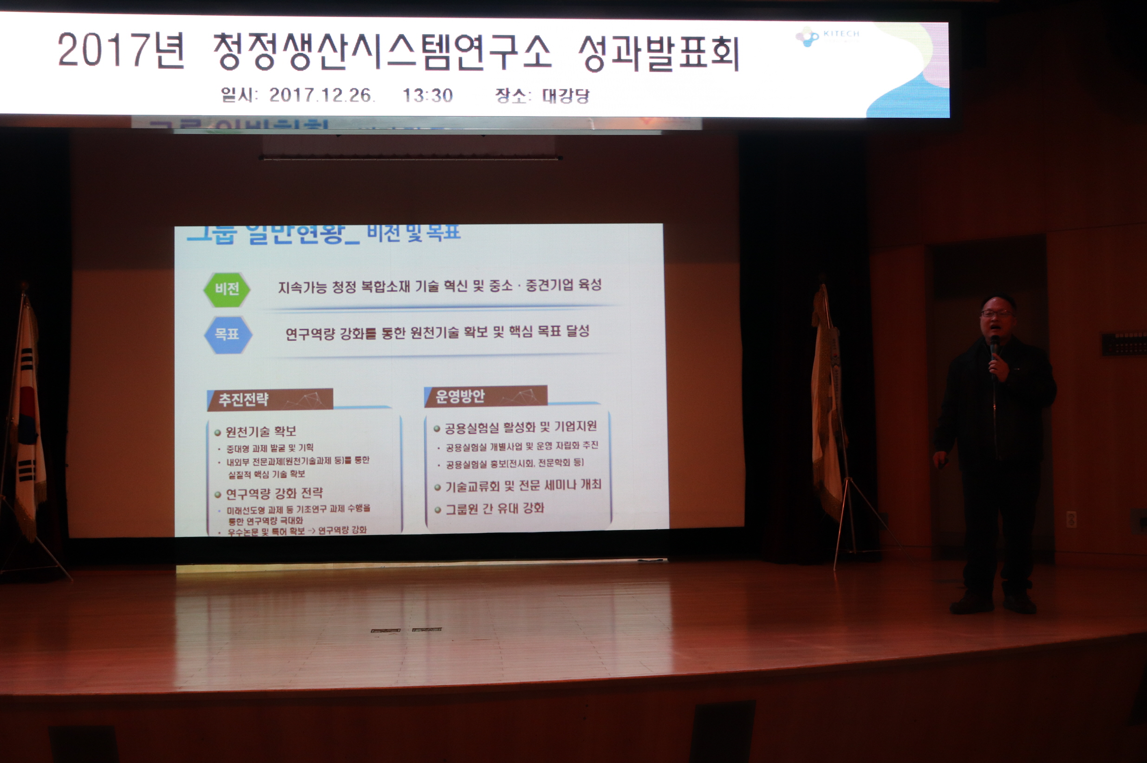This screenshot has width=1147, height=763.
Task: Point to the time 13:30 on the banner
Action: [427, 96]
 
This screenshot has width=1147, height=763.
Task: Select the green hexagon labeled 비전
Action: [227, 289]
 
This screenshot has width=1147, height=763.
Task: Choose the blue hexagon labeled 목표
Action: [227, 334]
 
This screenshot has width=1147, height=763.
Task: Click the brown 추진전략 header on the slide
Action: [270, 400]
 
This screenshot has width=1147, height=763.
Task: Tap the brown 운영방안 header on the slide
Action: [485, 396]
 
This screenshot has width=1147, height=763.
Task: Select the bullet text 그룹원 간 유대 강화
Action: [495, 509]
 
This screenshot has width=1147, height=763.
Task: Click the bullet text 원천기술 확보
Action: [261, 432]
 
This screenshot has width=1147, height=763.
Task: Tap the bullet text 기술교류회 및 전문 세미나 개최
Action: [523, 485]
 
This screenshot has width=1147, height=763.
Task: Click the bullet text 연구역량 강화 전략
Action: [274, 494]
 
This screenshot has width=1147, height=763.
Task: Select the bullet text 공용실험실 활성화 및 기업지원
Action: [521, 427]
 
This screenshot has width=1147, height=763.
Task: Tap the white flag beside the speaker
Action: [826, 404]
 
